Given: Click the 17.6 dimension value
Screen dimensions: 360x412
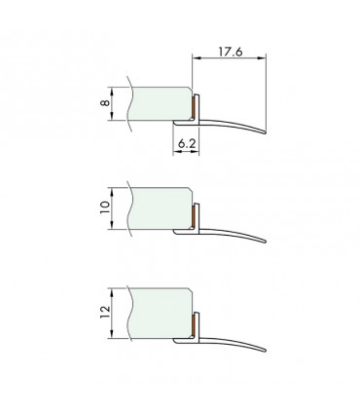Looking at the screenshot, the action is [230, 52].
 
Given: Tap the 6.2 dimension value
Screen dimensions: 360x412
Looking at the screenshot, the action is [187, 143].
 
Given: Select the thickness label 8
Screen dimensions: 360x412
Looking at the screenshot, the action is [104, 103].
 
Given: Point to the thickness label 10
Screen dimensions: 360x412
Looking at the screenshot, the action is [104, 207].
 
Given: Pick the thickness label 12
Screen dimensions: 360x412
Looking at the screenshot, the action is [104, 313].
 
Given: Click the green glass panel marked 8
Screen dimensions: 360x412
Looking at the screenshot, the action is [161, 103].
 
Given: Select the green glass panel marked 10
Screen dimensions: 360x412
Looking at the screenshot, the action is [161, 208].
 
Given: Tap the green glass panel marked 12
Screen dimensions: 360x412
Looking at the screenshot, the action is [161, 313].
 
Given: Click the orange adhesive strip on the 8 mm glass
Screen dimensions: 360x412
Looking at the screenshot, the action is [194, 108].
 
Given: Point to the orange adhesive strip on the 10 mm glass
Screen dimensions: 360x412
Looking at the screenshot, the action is [194, 217].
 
